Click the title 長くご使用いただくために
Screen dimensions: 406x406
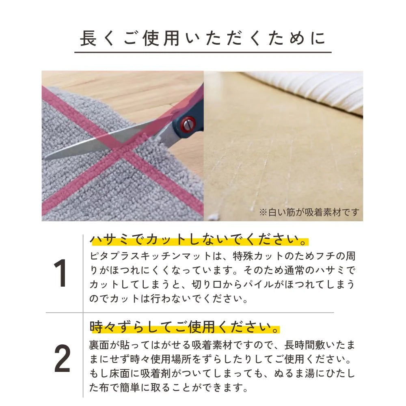click(203, 39)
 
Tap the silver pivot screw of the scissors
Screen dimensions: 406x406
click(188, 123)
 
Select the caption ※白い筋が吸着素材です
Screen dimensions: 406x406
click(309, 212)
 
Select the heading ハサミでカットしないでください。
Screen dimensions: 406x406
click(199, 241)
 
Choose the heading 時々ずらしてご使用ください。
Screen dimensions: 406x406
click(185, 327)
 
